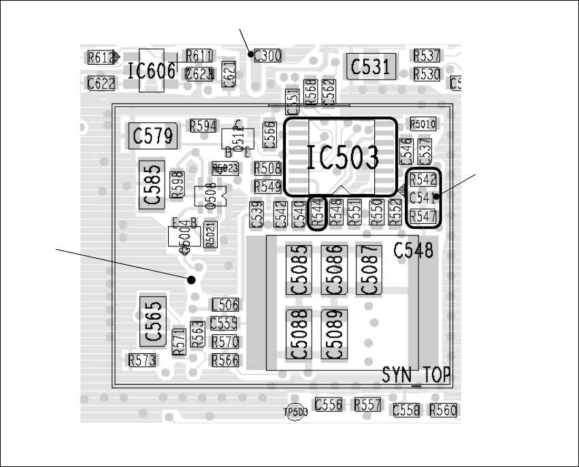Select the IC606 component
(x=152, y=70)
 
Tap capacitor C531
(x=371, y=66)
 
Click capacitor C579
(x=153, y=135)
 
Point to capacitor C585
(x=153, y=184)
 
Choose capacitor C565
(x=153, y=321)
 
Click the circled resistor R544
(x=316, y=213)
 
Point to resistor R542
(x=423, y=180)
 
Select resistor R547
(x=423, y=216)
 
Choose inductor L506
(x=225, y=305)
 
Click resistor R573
(x=142, y=359)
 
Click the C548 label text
(x=413, y=251)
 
